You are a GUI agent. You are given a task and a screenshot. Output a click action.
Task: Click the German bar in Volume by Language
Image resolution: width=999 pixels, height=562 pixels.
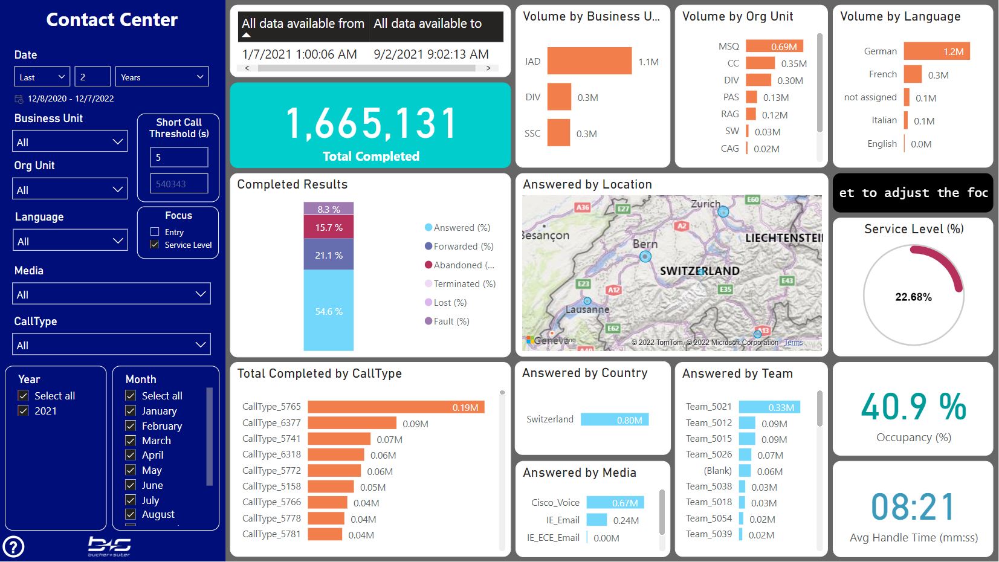point(936,51)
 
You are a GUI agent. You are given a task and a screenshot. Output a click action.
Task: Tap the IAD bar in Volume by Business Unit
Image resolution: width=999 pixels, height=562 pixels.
point(589,61)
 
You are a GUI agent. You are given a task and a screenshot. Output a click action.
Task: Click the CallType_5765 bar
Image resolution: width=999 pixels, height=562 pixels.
point(396,407)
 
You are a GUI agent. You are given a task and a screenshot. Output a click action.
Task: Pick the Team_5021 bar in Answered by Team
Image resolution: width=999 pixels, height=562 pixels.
point(769,407)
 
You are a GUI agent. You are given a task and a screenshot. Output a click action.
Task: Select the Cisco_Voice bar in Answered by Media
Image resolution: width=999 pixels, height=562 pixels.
point(615,503)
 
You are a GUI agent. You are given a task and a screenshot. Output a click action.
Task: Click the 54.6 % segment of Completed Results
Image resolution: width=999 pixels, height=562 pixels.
point(328,311)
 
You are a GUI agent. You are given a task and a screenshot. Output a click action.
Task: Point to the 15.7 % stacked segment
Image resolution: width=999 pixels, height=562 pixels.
point(328,228)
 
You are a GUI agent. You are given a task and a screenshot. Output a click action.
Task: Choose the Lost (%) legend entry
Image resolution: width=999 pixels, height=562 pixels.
point(450,303)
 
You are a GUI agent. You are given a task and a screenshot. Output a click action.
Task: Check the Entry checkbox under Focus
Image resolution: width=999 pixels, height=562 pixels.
point(155,232)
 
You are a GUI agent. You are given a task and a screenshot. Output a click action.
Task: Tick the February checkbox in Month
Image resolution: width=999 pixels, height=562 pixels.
point(131,426)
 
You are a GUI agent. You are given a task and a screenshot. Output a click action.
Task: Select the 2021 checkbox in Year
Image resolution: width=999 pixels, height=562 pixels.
point(24,411)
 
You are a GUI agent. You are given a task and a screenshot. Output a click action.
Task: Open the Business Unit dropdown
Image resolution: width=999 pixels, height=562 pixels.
point(70,142)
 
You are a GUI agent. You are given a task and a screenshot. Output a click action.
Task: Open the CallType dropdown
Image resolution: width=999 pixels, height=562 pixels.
point(111,345)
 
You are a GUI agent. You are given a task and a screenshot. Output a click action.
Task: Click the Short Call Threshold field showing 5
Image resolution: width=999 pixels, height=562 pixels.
point(179,157)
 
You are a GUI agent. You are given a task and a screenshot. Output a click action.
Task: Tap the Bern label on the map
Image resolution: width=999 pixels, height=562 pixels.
point(645,244)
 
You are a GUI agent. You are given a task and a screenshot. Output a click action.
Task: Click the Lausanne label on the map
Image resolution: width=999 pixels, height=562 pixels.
point(587,309)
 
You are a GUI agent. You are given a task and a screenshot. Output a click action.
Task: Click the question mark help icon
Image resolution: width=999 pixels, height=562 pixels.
point(13,547)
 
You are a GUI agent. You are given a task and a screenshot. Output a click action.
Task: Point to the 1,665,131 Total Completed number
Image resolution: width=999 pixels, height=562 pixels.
point(370,124)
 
